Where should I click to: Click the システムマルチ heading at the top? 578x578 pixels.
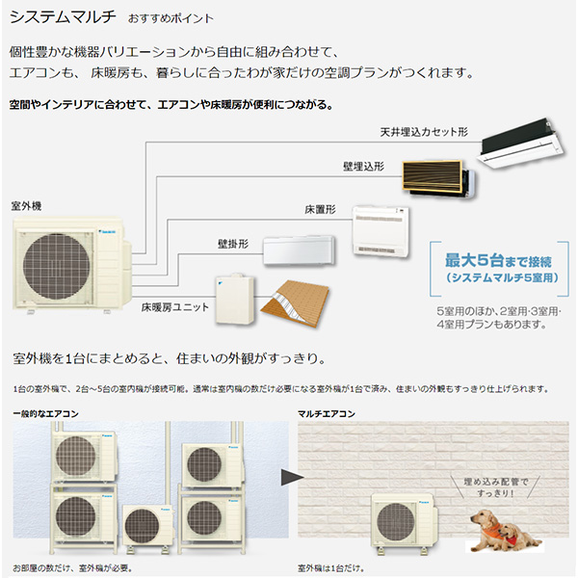63,16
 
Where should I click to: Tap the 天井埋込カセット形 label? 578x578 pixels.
424,132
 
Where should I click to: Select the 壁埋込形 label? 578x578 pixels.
363,167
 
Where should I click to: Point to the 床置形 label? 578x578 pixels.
320,210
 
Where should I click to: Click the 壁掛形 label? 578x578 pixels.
233,244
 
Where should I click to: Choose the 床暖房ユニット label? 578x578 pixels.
175,307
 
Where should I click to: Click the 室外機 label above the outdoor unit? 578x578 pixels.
26,206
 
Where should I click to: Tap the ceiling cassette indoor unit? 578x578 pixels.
520,144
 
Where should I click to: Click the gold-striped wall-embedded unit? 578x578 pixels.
438,179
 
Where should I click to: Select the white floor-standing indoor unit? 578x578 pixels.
381,231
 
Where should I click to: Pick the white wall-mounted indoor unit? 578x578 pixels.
299,250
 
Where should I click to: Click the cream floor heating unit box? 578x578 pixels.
235,299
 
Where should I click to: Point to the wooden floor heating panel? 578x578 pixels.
296,303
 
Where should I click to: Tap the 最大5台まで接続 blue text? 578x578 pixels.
498,260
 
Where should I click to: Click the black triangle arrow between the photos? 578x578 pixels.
292,477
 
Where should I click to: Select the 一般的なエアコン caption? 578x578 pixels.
45,414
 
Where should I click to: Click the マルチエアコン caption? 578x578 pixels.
327,414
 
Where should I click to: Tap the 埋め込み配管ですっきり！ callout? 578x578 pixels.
496,487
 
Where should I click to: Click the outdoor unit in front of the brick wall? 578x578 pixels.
405,523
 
